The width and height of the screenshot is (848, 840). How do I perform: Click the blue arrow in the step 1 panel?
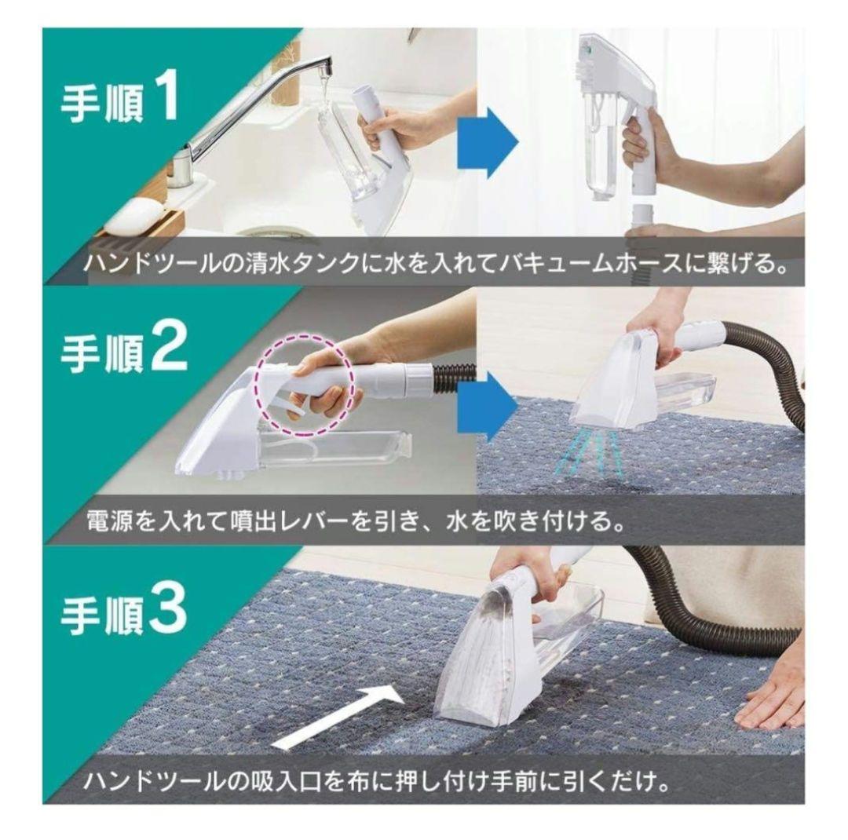[488, 142]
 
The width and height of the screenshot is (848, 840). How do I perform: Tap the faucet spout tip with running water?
[324, 69]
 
